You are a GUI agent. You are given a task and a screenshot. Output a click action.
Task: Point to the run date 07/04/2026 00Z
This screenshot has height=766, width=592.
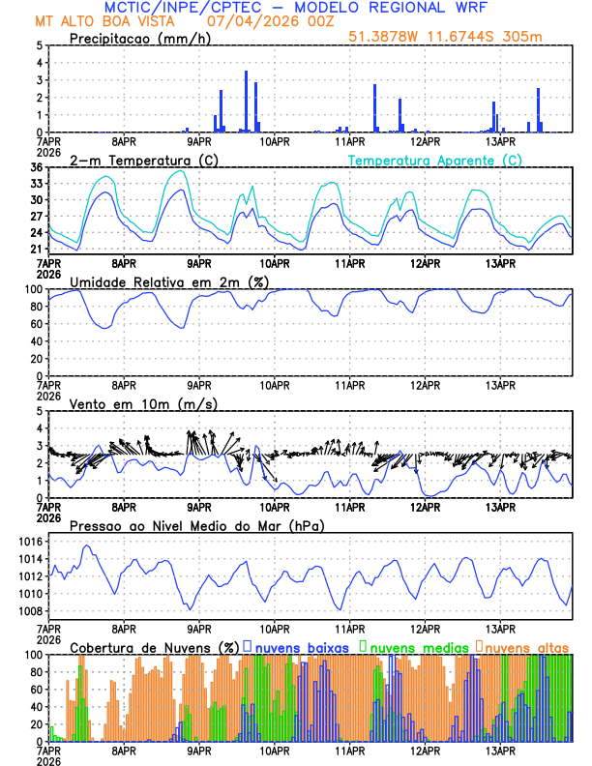[x=264, y=20]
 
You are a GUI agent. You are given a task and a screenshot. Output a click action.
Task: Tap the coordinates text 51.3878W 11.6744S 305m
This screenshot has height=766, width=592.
[x=459, y=38]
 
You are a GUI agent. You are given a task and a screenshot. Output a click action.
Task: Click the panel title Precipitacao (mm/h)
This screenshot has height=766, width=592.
[x=140, y=38]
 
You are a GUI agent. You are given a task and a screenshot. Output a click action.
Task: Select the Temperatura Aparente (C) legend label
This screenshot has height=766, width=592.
[x=434, y=160]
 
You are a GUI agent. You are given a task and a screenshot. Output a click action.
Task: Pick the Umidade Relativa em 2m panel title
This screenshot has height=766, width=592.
[x=169, y=281]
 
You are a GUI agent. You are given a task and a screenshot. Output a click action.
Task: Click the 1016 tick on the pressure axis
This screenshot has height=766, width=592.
[x=30, y=542]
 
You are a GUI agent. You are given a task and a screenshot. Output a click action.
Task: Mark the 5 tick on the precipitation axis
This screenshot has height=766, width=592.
[x=39, y=45]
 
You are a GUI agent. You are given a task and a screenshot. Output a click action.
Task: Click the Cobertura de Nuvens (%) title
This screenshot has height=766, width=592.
[x=154, y=646]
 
